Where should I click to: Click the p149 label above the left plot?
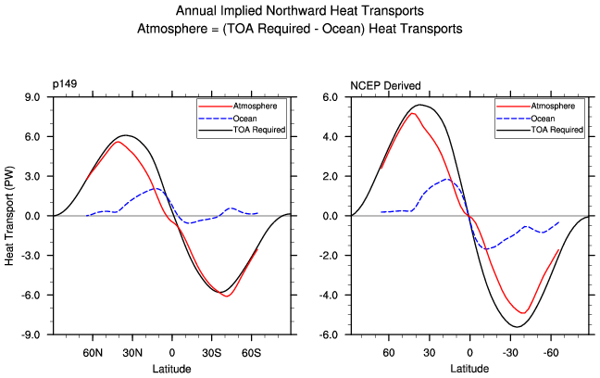click(x=66, y=86)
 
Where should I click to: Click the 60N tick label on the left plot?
click(x=93, y=353)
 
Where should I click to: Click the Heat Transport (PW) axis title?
click(x=11, y=215)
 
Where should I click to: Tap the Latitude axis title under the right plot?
click(x=471, y=369)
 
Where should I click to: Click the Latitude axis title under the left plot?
click(x=172, y=369)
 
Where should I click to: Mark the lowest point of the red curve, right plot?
click(x=523, y=313)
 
